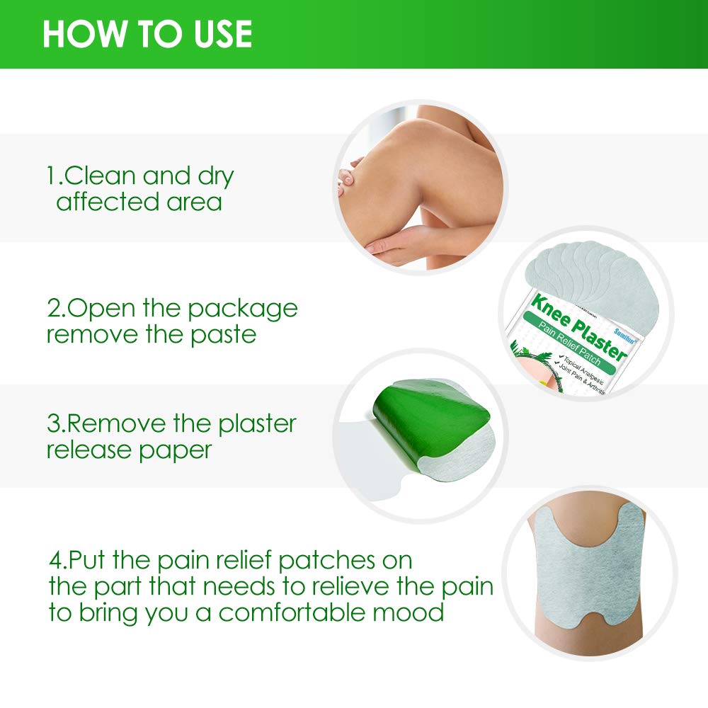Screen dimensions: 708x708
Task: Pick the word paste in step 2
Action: [x=223, y=335]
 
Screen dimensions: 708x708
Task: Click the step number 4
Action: [x=56, y=560]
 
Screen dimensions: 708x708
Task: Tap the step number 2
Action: [x=53, y=309]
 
